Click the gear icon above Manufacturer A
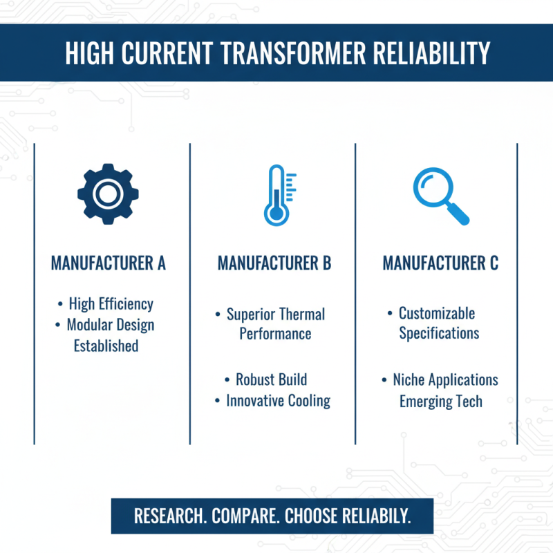108,194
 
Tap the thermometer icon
277,196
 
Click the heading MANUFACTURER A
109,263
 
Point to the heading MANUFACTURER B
274,263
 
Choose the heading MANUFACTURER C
440,263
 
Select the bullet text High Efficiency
111,304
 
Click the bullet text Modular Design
111,325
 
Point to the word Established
106,346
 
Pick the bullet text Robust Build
271,379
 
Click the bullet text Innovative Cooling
278,401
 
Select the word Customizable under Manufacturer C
437,313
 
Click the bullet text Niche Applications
445,380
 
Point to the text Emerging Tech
440,402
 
